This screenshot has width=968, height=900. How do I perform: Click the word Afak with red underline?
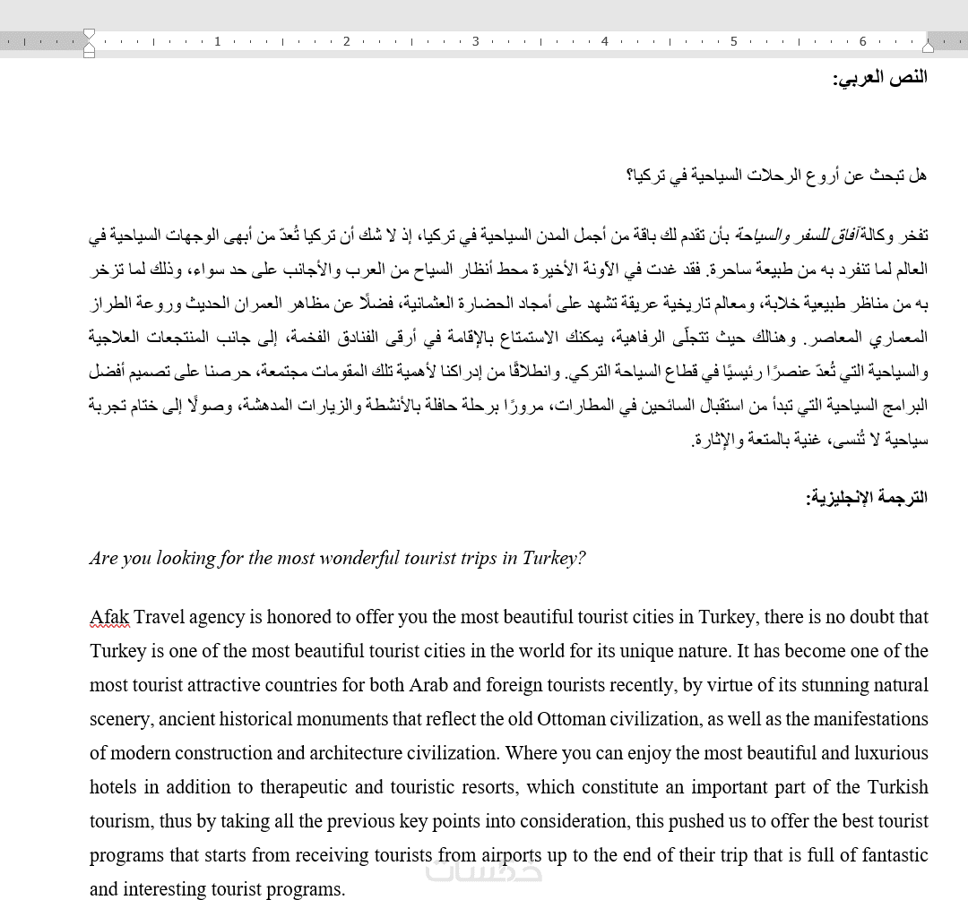109,617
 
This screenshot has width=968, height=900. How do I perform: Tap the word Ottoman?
571,719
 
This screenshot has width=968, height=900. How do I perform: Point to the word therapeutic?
304,787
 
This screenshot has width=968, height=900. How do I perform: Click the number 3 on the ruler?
476,41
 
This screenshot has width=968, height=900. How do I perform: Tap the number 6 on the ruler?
863,41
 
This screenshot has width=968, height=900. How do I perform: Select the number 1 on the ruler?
218,41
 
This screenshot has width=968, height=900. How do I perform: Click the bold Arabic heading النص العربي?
880,77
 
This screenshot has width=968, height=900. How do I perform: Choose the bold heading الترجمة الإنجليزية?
867,497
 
